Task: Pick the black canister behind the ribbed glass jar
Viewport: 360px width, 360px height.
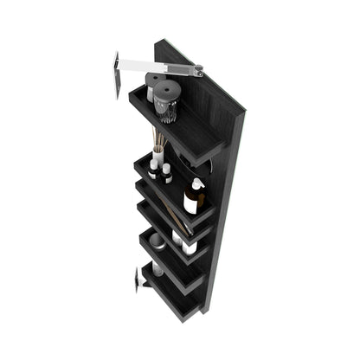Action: (155, 84)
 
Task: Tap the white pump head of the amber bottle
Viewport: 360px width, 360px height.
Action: (197, 183)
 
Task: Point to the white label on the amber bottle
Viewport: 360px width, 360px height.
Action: (190, 205)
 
